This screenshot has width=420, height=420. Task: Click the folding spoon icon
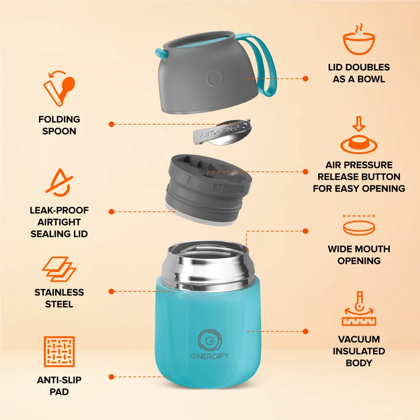coord(59,88)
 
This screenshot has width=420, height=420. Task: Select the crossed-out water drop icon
coord(59,183)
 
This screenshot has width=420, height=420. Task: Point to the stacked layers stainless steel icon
coord(59,269)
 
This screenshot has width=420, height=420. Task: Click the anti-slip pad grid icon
coord(59,351)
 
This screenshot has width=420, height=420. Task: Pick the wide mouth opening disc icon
coord(359,225)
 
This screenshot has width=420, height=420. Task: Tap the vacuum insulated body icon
coord(359,309)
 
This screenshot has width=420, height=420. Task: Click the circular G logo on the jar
coord(209,340)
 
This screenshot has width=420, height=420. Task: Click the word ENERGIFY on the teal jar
coord(209,356)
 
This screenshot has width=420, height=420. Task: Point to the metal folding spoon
coord(222,132)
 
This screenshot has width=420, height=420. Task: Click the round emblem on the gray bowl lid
coord(215,78)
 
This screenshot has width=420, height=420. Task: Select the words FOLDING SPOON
coord(59,125)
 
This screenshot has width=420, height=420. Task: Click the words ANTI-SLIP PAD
coord(59,386)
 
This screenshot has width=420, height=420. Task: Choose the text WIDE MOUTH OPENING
coord(359,255)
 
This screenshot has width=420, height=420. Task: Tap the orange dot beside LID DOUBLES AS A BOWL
coord(306,78)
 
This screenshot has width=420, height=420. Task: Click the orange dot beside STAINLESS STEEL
coord(111,291)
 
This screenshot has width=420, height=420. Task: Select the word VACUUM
coord(359,339)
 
